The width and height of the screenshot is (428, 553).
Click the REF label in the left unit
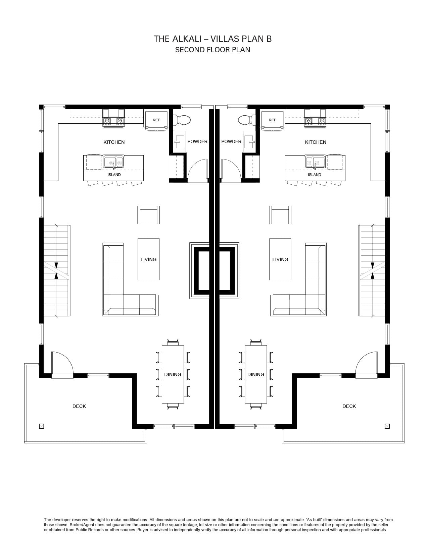[x=156, y=120]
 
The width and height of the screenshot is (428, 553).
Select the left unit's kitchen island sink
[x=113, y=162]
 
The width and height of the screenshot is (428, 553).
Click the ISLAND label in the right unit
[x=314, y=175]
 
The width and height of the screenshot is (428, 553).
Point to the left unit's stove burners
[x=113, y=121]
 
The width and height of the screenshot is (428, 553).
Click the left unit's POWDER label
[x=197, y=141]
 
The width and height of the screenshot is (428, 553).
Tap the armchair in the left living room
[x=149, y=215]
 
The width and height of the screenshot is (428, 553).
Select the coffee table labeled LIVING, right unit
[x=280, y=259]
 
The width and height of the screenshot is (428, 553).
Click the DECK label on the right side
[x=349, y=406]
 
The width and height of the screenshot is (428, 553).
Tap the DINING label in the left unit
[x=173, y=374]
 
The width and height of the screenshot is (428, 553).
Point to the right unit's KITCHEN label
[x=316, y=142]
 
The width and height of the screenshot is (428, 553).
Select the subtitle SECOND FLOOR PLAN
[x=212, y=50]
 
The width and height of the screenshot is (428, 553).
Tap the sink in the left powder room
[x=180, y=141]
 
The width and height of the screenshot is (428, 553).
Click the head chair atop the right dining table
[x=256, y=342]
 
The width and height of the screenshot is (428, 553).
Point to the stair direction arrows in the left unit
[x=56, y=271]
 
